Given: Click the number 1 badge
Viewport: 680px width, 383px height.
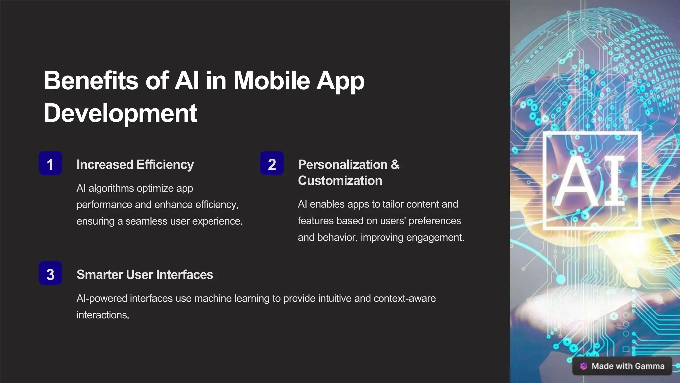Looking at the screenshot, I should [50, 163].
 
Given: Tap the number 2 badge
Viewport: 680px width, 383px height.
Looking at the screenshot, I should [272, 163].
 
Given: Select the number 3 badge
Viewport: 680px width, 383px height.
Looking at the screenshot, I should [50, 273].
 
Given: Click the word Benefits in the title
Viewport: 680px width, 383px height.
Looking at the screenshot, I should [91, 81].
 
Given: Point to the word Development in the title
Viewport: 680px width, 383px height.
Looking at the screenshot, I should [120, 113].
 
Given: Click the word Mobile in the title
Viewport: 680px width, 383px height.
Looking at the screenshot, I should [272, 81].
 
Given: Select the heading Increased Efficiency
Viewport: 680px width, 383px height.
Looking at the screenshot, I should [135, 165].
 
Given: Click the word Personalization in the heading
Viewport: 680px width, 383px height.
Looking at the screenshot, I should [343, 165].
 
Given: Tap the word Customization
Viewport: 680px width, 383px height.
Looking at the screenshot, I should [340, 181].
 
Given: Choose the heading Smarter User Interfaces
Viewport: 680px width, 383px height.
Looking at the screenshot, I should [145, 275].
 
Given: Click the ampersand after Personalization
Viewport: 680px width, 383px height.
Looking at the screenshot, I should [395, 165].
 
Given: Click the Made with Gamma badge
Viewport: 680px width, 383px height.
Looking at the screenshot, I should [622, 366].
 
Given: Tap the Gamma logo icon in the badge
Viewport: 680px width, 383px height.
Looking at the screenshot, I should [583, 366].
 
